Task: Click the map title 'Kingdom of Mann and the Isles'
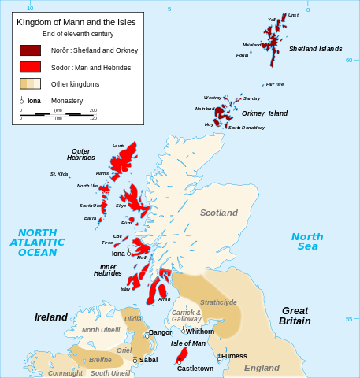click(x=76, y=23)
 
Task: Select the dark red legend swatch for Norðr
click(x=30, y=50)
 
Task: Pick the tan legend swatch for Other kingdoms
click(x=30, y=83)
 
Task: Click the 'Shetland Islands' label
click(x=315, y=49)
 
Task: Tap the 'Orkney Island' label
click(x=264, y=113)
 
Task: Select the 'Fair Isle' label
click(x=274, y=84)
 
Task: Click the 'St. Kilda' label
click(x=59, y=174)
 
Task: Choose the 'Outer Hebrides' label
click(x=80, y=154)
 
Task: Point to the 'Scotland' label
click(x=218, y=213)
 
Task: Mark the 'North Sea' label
click(x=306, y=241)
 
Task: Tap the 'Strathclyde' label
click(x=218, y=302)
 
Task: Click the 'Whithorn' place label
click(x=200, y=332)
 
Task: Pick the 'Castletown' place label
click(x=195, y=368)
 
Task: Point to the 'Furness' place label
click(x=234, y=356)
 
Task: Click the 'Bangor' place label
click(x=160, y=332)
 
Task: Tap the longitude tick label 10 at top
click(x=30, y=8)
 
